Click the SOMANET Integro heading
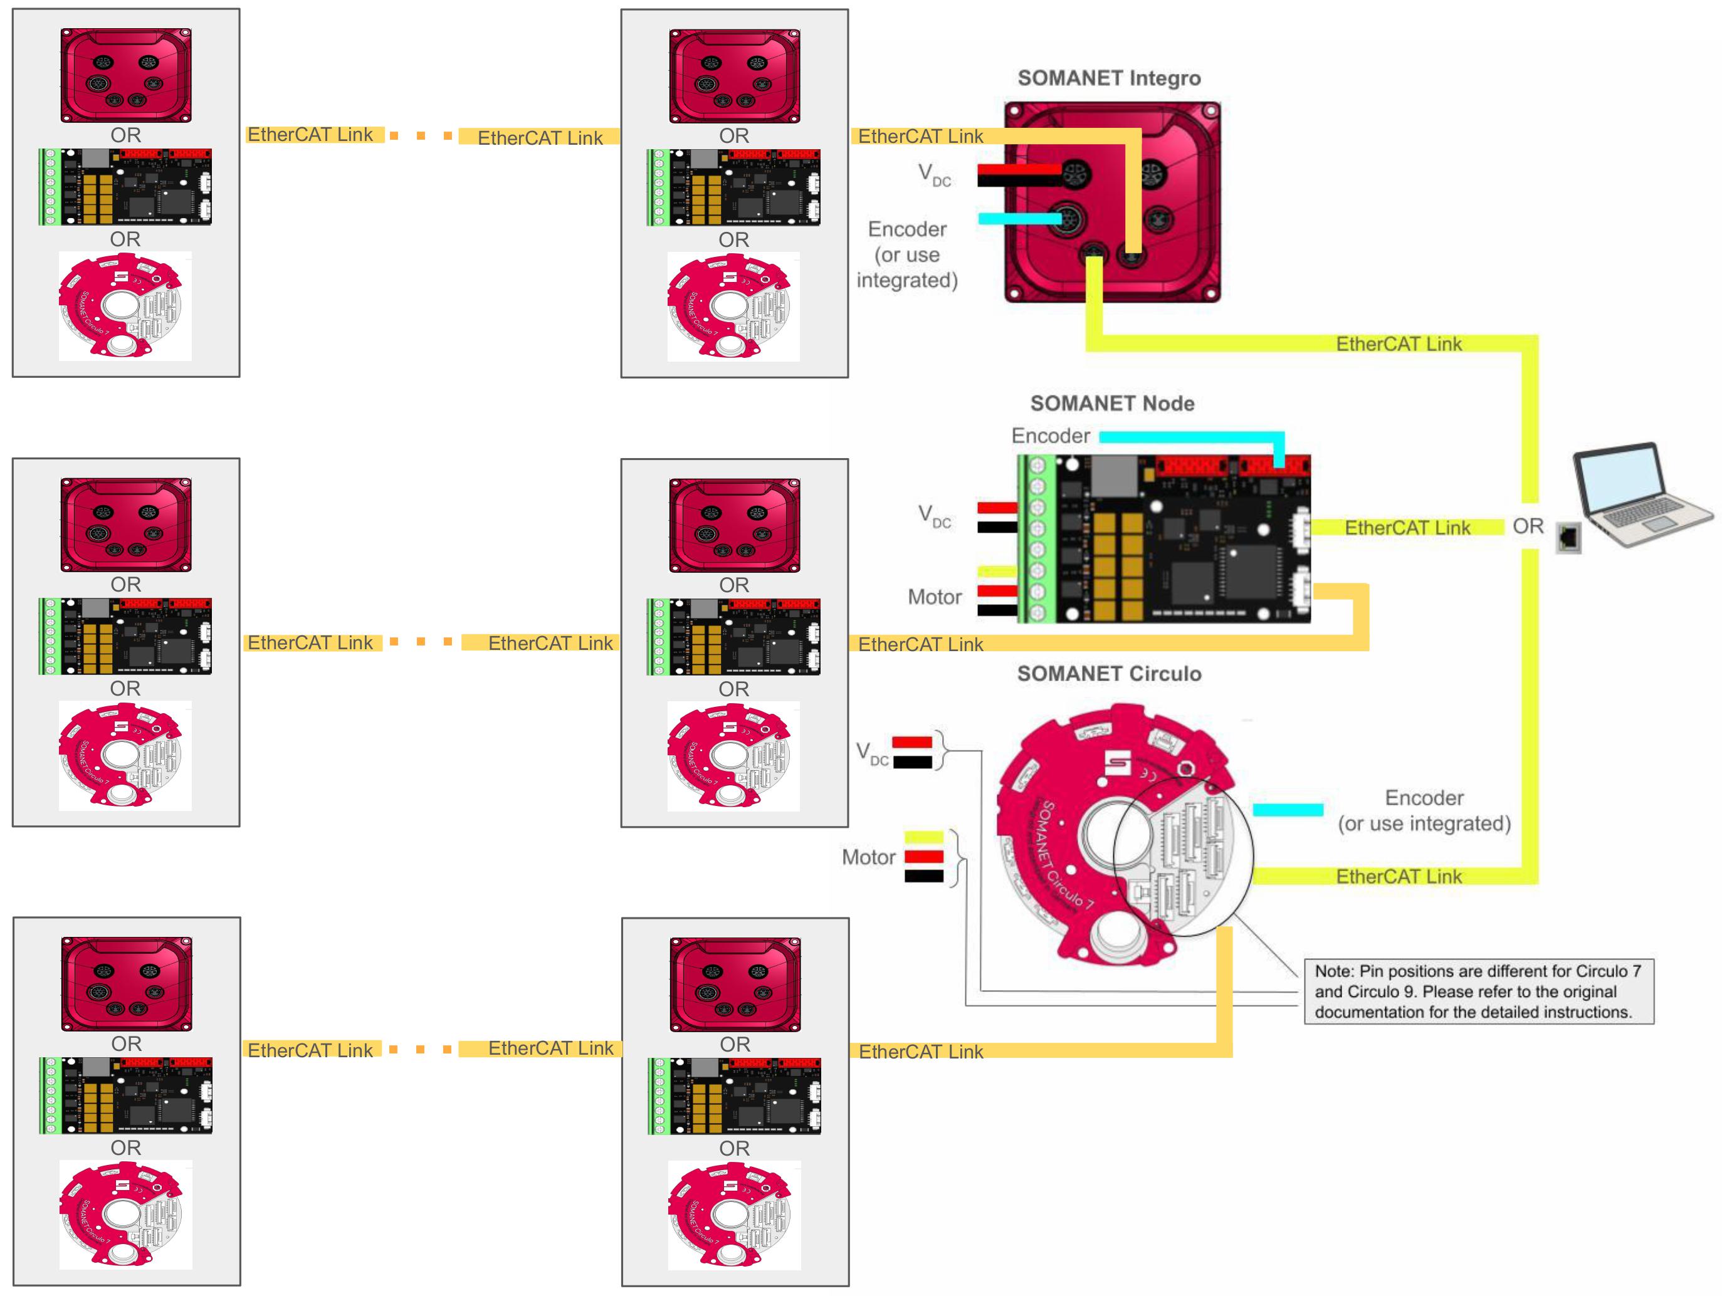coord(1108,78)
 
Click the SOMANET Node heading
coord(1111,403)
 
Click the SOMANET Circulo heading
coord(1108,673)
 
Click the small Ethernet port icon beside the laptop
coord(1568,537)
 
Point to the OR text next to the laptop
coord(1528,526)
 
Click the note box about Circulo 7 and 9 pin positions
coord(1478,991)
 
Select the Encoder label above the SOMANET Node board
coord(1050,436)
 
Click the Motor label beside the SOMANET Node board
coord(934,597)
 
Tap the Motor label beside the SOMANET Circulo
coord(868,857)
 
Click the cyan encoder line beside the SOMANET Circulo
coord(1288,810)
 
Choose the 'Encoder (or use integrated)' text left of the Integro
coord(907,254)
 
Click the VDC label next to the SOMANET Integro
coord(934,174)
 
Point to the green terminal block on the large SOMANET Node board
coord(1036,538)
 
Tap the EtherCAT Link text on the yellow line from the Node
coord(1407,528)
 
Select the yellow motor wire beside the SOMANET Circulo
coord(923,837)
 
